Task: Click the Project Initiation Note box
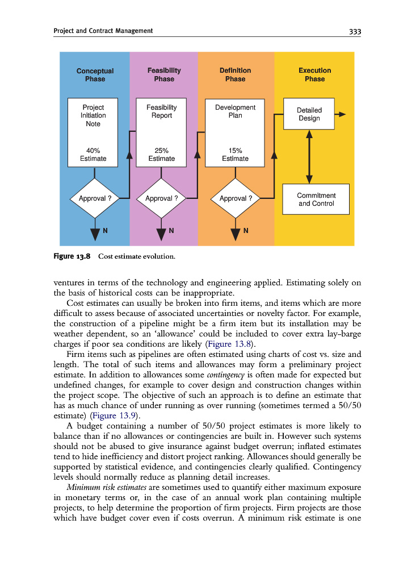tap(93, 132)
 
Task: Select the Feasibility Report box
tap(162, 132)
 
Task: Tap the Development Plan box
tap(235, 132)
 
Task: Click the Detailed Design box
tap(309, 114)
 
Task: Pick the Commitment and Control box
tap(316, 199)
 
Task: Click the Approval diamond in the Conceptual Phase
tap(95, 198)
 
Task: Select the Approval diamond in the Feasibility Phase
tap(162, 198)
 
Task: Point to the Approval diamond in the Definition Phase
tap(236, 198)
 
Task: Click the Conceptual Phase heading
tap(95, 74)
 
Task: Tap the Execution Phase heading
tap(314, 74)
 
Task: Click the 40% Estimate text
tap(93, 155)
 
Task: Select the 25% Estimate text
tap(162, 155)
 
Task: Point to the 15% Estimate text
tap(235, 155)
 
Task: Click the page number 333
tap(354, 31)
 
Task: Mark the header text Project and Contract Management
tap(103, 31)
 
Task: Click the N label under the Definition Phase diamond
tap(246, 231)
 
